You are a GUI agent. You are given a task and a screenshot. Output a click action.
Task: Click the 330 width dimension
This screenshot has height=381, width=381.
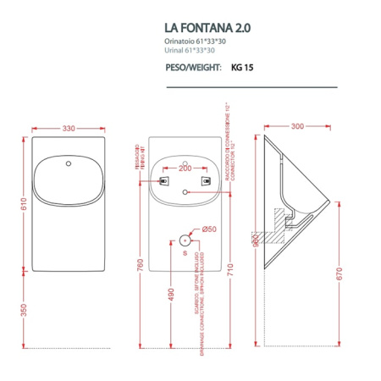(x=69, y=128)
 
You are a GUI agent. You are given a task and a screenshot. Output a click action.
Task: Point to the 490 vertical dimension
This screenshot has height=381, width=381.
(x=170, y=294)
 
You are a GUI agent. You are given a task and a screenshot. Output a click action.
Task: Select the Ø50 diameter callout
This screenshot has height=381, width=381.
(x=209, y=229)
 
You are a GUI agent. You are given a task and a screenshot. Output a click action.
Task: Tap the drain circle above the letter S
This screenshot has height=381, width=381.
(x=185, y=239)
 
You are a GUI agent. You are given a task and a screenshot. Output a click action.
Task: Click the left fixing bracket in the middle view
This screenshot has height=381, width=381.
(x=164, y=180)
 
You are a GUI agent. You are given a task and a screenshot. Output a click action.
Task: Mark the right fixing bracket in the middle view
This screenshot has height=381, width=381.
(x=205, y=180)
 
